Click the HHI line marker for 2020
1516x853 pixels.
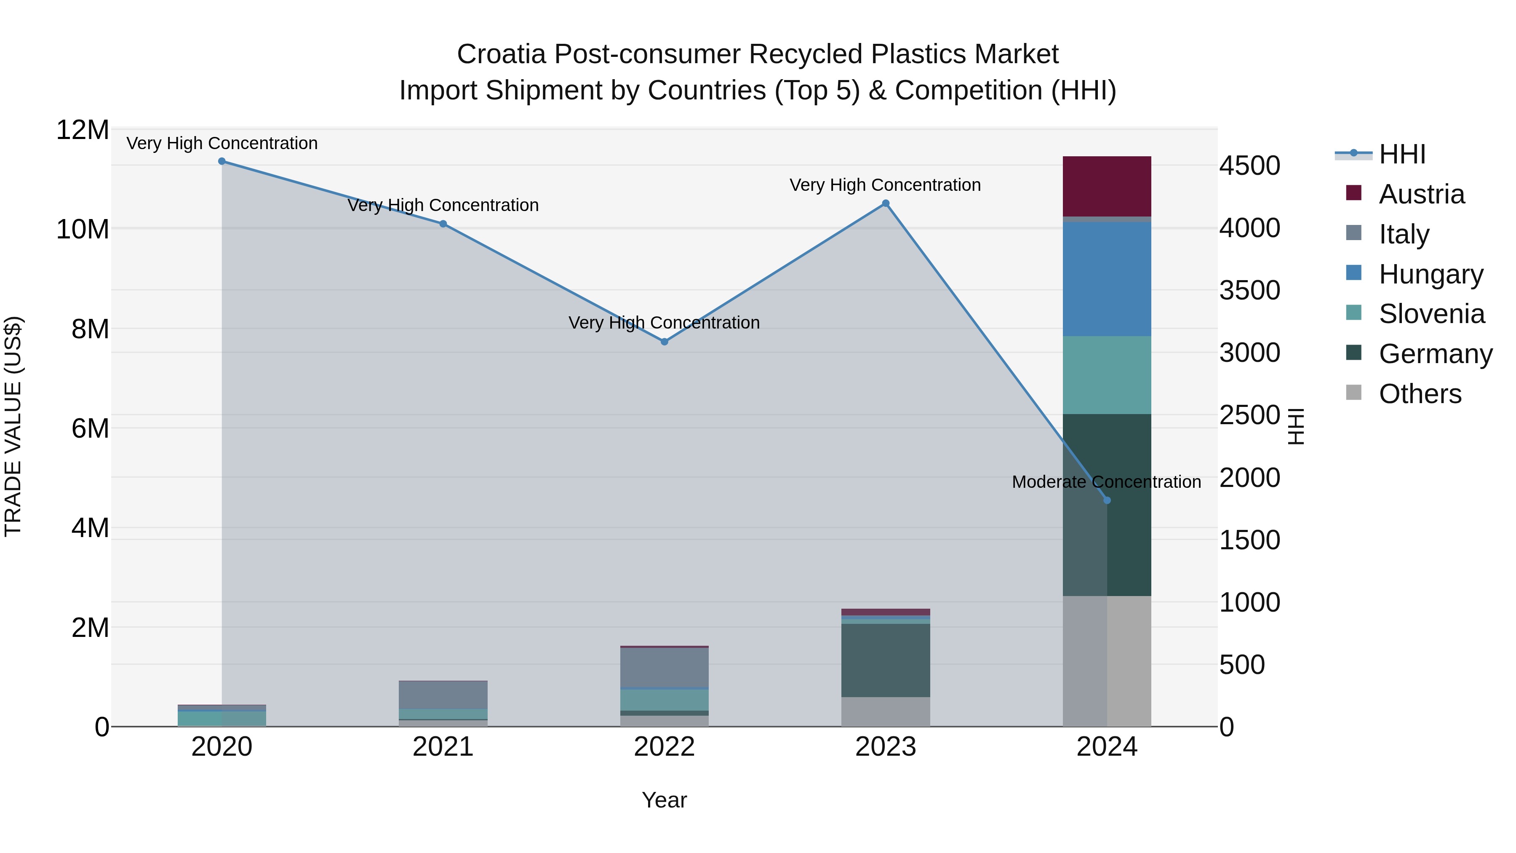(x=222, y=161)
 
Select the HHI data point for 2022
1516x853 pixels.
(x=665, y=342)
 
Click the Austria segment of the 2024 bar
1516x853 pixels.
(x=1107, y=187)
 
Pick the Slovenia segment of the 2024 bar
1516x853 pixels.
(x=1107, y=375)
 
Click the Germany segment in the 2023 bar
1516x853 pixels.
(x=886, y=660)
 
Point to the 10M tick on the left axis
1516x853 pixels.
(x=83, y=229)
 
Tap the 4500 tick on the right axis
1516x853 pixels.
(x=1249, y=166)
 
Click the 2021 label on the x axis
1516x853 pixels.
(x=443, y=747)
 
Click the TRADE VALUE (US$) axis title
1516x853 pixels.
(x=13, y=426)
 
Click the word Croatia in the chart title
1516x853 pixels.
(x=502, y=54)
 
